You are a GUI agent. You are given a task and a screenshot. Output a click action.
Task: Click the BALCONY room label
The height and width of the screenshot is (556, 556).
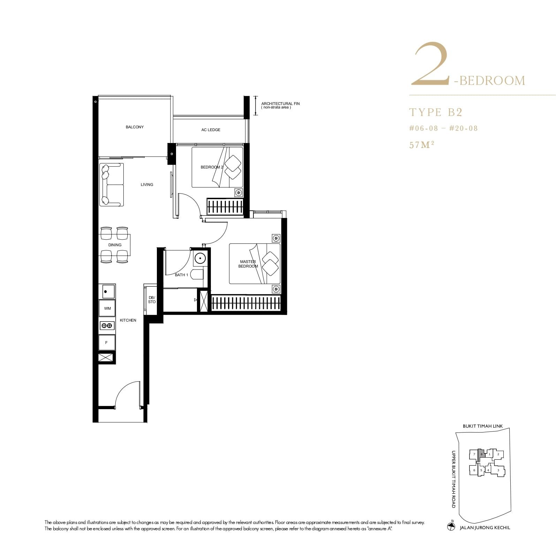coord(135,127)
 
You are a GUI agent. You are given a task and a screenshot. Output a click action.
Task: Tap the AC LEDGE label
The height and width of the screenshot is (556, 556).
coord(211,130)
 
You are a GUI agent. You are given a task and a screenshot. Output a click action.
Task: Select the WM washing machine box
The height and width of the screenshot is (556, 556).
coord(107,308)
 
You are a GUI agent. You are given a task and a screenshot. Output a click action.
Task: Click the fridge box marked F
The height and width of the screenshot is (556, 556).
coord(107,343)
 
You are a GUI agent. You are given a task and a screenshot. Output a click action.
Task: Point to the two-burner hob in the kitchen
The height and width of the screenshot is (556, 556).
coord(107,325)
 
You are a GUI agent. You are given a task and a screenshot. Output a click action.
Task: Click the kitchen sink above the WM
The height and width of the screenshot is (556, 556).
coord(107,291)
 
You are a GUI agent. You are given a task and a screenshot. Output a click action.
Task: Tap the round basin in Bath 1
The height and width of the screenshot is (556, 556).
coord(200,258)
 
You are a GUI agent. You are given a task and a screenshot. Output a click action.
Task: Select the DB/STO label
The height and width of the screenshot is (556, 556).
coord(152,300)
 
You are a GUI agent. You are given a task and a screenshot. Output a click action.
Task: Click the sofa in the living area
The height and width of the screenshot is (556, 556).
coord(111,185)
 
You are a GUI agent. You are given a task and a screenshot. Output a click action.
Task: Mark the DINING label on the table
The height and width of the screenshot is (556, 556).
coord(115,245)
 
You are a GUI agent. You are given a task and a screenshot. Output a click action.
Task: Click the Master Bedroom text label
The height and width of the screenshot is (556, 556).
coord(248,264)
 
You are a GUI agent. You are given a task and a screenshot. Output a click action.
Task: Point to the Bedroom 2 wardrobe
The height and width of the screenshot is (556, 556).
coord(225,206)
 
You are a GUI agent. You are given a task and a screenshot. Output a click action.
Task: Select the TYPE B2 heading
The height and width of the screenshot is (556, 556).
coord(436,112)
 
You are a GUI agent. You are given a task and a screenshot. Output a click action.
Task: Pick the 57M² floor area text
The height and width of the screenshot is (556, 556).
coord(421,145)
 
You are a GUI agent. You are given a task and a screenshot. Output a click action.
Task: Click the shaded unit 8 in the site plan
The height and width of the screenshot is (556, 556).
coord(481,454)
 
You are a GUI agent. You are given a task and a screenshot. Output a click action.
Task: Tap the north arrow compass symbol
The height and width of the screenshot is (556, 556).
coord(451,526)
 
